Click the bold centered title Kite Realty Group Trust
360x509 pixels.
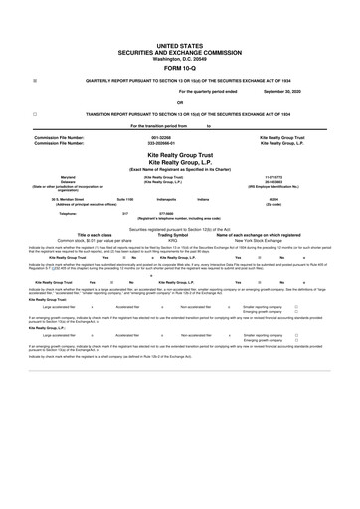tap(180, 156)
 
